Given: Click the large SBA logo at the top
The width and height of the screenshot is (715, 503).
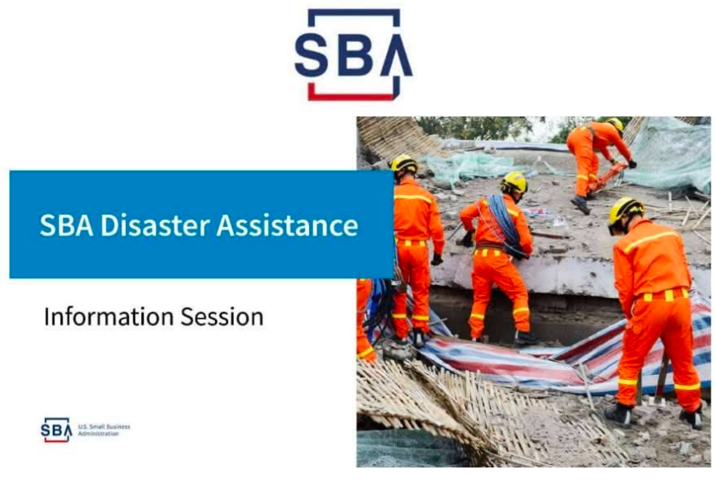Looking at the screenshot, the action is coord(354,55).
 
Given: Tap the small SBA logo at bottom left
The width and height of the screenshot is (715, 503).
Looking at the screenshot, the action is coord(56,429).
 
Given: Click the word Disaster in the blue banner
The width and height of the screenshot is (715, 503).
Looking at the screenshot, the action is coord(155,225).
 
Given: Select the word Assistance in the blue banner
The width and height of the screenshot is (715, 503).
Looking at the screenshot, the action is coord(288,225).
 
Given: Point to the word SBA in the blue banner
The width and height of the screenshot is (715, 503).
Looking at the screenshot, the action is coord(67,225).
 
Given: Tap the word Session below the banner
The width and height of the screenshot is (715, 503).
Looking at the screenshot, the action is coord(222,316).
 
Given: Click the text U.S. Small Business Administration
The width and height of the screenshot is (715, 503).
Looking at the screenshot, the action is coord(104,430).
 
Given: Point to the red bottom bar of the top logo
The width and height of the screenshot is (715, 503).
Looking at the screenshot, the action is coord(350,97).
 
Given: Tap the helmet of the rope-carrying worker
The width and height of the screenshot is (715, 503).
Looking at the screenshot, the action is coord(514,183).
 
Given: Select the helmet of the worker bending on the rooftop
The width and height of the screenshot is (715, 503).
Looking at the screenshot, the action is coord(616,123).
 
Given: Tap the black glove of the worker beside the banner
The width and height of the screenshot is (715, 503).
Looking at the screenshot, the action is coord(436,259).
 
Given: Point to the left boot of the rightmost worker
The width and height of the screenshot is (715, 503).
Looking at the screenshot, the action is coord(619,414).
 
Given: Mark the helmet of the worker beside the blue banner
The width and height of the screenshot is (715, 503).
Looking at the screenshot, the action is coord(404,164).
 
